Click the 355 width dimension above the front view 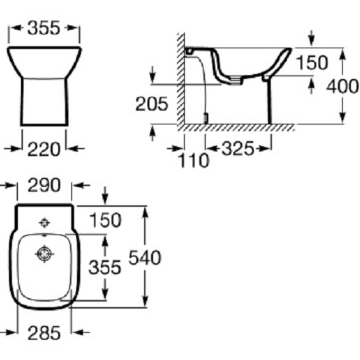[44, 28]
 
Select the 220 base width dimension [44, 149]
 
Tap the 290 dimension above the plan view [44, 185]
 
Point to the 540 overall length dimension [145, 257]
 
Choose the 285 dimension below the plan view [44, 333]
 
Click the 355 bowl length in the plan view [105, 267]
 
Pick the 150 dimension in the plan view [105, 220]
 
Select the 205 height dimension [152, 104]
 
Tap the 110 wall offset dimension [193, 160]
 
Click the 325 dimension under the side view [238, 148]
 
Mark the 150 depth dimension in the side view [312, 62]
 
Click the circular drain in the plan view [45, 254]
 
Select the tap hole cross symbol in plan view [45, 223]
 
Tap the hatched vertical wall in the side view [181, 79]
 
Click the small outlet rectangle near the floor [206, 118]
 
